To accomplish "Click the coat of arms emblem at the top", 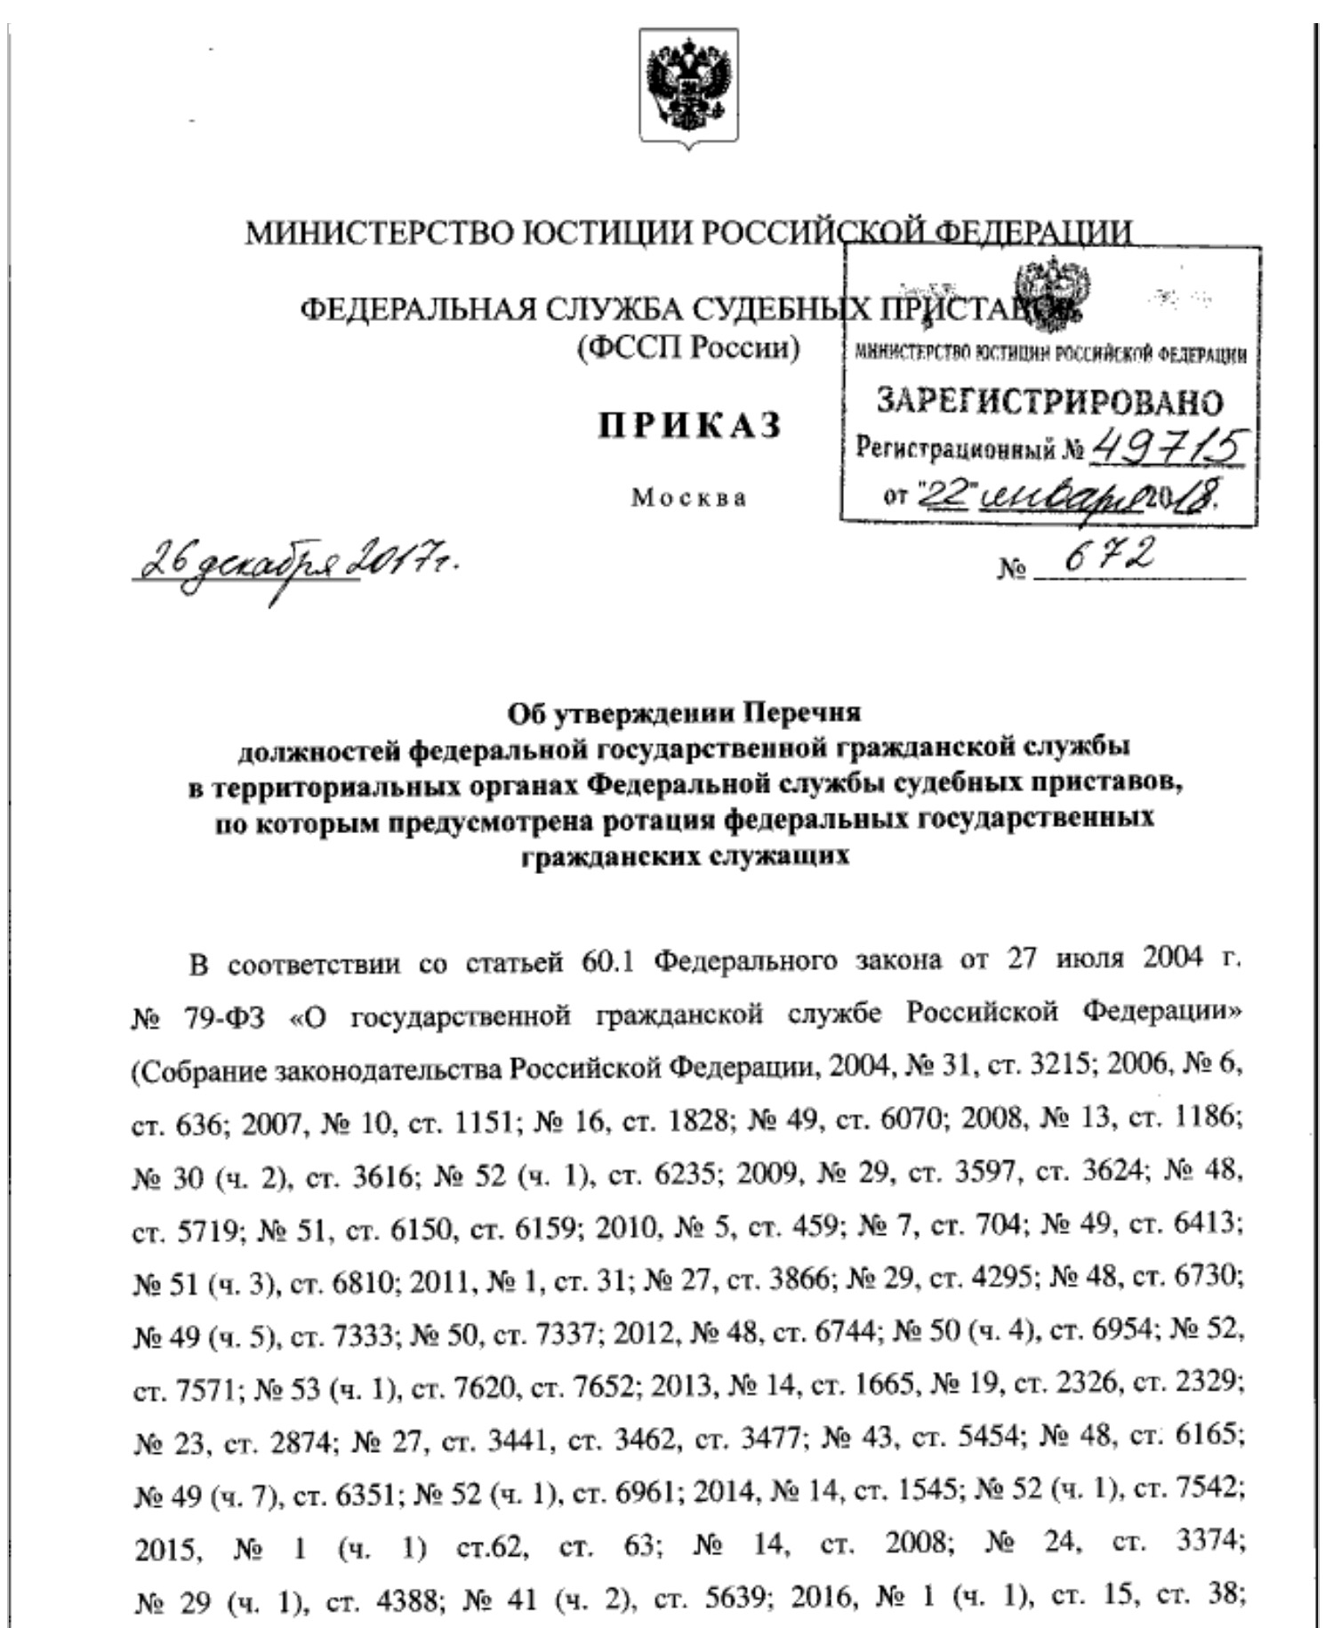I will [x=688, y=88].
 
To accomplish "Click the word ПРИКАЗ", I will [x=689, y=425].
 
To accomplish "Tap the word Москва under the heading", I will [x=689, y=498].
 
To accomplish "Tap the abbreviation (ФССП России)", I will [x=688, y=346].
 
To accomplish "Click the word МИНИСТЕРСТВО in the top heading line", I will [x=377, y=233].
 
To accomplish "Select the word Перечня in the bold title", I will [x=804, y=713].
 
